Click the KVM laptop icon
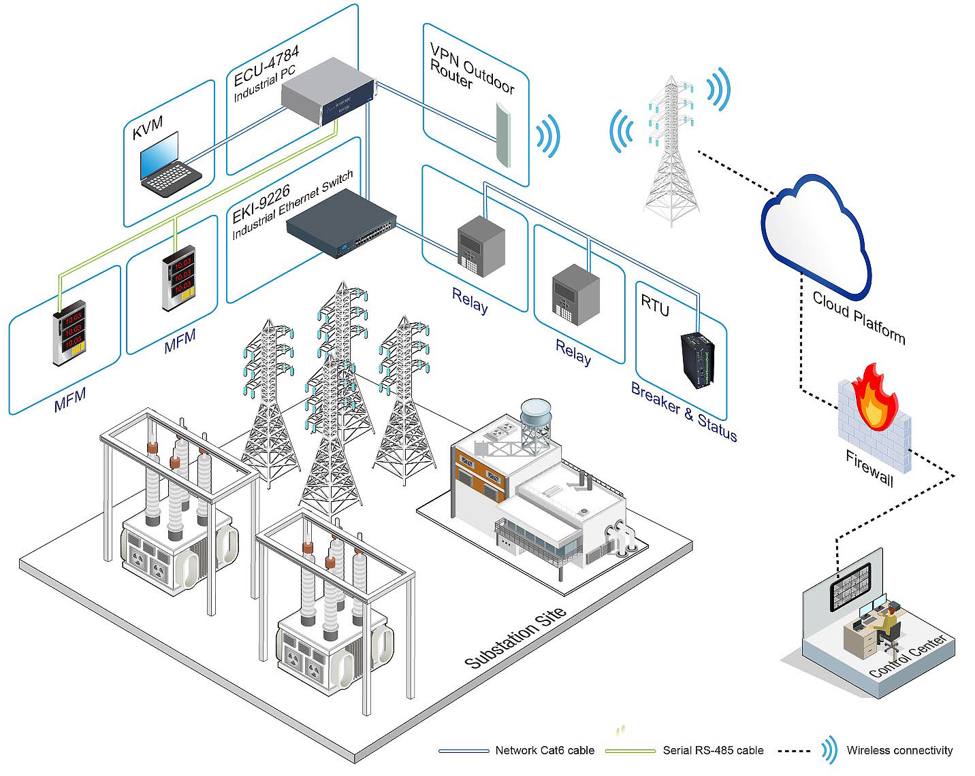point(170,165)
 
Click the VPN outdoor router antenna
point(503,135)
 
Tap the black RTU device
point(697,360)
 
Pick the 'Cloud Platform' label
point(859,318)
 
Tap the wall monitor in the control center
point(850,587)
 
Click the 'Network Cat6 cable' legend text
point(545,750)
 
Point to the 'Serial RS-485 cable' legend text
point(713,750)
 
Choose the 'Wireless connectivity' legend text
point(899,750)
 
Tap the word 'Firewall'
point(869,468)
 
